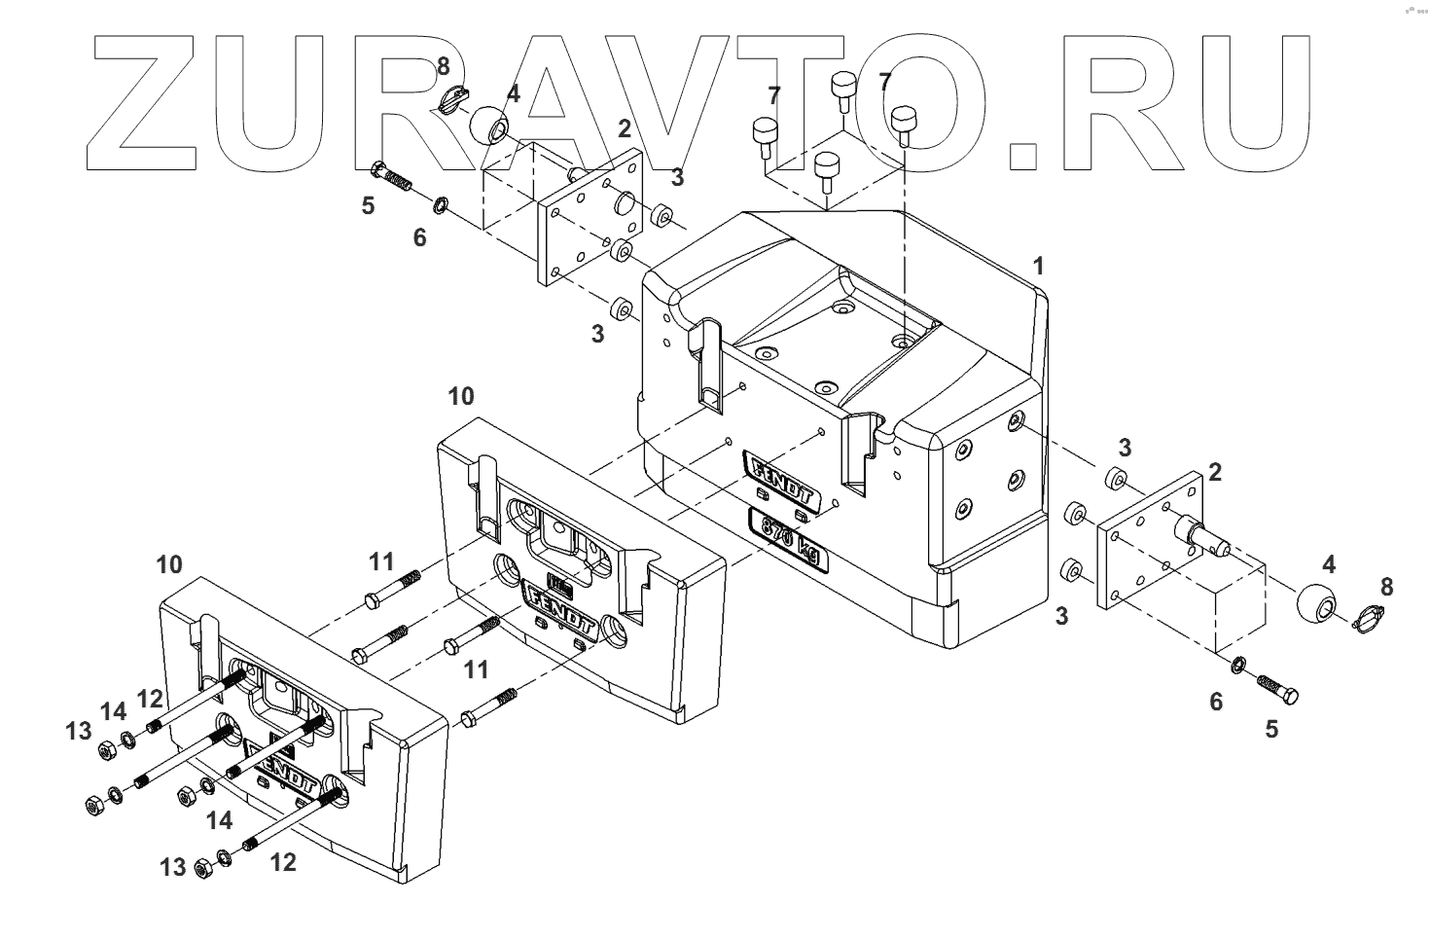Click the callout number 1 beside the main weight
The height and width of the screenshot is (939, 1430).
pos(1038,265)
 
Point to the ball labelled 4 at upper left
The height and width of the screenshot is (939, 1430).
pos(491,126)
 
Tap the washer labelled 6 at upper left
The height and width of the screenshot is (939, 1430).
pos(441,205)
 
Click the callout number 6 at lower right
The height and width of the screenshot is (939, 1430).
pos(1216,701)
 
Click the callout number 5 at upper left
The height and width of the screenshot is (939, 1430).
pos(368,205)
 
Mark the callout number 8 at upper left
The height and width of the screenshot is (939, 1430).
pos(443,67)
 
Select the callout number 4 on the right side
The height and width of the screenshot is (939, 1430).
pos(1328,563)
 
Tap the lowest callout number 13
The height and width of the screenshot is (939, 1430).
pos(172,866)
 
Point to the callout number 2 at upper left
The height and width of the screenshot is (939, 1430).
pos(624,127)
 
